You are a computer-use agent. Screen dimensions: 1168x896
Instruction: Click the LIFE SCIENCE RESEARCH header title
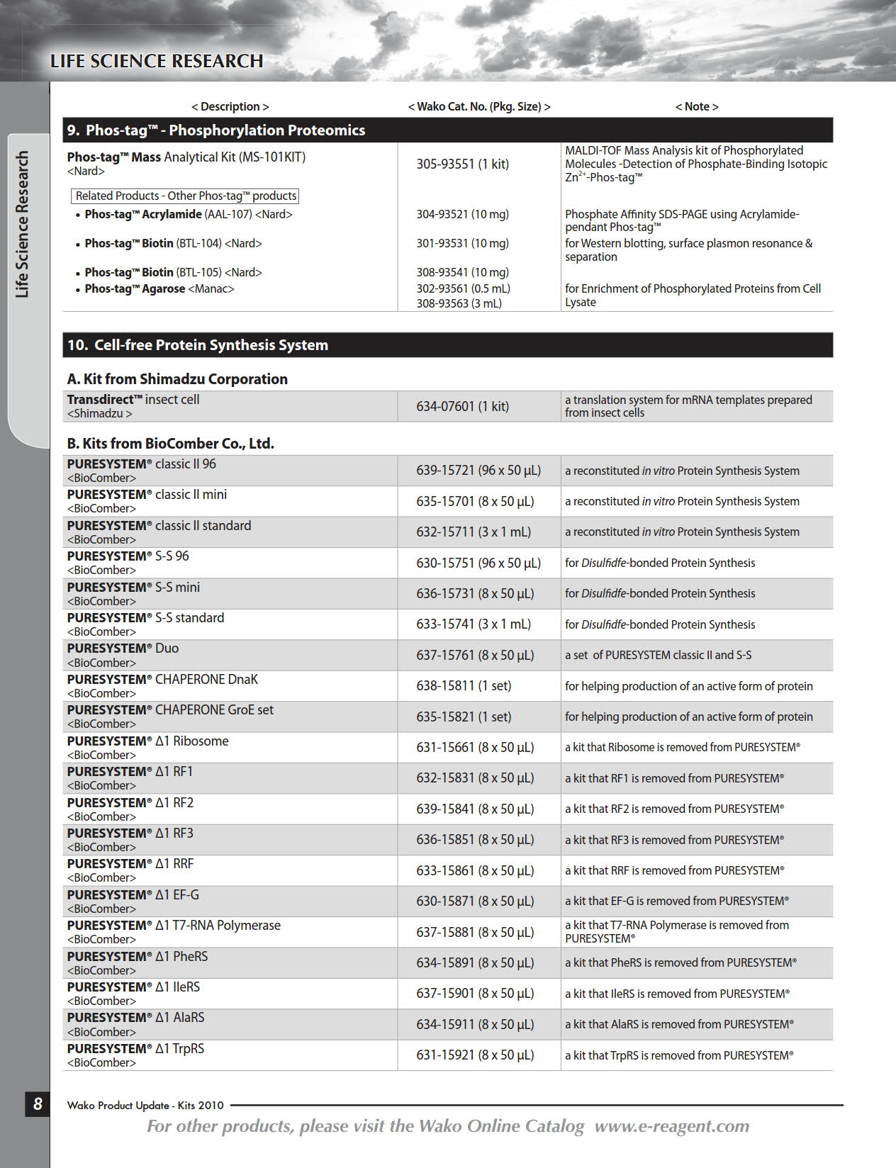[x=157, y=62]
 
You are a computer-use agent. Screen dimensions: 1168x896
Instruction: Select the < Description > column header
[x=230, y=106]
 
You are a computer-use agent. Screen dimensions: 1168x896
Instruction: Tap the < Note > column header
[x=696, y=106]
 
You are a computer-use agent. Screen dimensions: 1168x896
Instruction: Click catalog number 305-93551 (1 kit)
[x=462, y=164]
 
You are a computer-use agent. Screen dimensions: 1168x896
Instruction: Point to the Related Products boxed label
[x=186, y=196]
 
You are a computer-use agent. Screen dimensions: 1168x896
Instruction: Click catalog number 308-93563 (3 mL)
[x=459, y=303]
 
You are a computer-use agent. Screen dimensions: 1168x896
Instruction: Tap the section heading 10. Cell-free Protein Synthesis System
[x=198, y=345]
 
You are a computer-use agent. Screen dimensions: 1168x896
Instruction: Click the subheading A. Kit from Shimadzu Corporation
[x=177, y=379]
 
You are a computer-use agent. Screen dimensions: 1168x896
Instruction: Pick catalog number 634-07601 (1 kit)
[x=462, y=407]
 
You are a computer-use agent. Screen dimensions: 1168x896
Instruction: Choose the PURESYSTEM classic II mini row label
[x=147, y=495]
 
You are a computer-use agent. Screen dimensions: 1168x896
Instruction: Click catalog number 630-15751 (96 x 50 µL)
[x=478, y=563]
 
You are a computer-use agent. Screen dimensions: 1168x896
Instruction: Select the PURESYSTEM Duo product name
[x=123, y=648]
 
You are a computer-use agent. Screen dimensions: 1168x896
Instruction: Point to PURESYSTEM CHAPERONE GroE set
[x=170, y=710]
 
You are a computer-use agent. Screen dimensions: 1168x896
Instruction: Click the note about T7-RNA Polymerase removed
[x=676, y=932]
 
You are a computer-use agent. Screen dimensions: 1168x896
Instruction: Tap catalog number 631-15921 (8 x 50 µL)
[x=474, y=1055]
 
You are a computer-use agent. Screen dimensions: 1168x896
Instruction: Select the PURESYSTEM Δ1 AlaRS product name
[x=135, y=1018]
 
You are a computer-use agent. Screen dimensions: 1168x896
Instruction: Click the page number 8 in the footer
[x=38, y=1104]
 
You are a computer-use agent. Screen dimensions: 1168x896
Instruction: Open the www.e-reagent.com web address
[x=671, y=1126]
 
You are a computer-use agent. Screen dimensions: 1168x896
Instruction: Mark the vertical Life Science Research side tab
[x=23, y=224]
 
